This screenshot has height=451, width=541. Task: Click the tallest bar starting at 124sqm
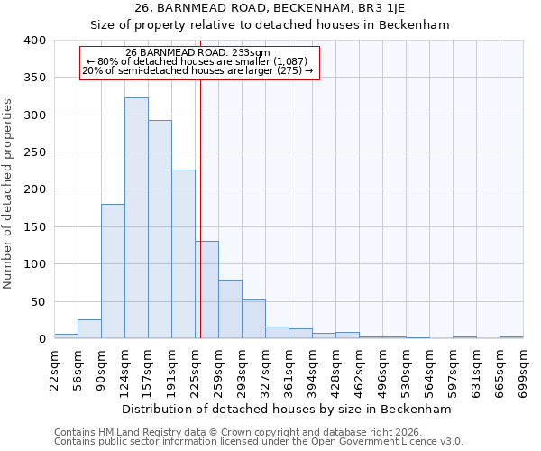pos(136,218)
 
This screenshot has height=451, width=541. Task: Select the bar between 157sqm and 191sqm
pos(160,230)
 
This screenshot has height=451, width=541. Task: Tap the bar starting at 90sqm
pos(113,272)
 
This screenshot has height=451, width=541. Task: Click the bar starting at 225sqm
pos(206,290)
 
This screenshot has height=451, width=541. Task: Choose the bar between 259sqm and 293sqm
pos(230,309)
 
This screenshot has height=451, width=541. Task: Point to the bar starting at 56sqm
pos(89,329)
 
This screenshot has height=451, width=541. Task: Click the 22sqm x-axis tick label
pos(55,369)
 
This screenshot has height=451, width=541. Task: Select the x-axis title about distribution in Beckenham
pos(286,409)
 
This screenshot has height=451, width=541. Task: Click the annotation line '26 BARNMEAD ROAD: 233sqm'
pos(197,53)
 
